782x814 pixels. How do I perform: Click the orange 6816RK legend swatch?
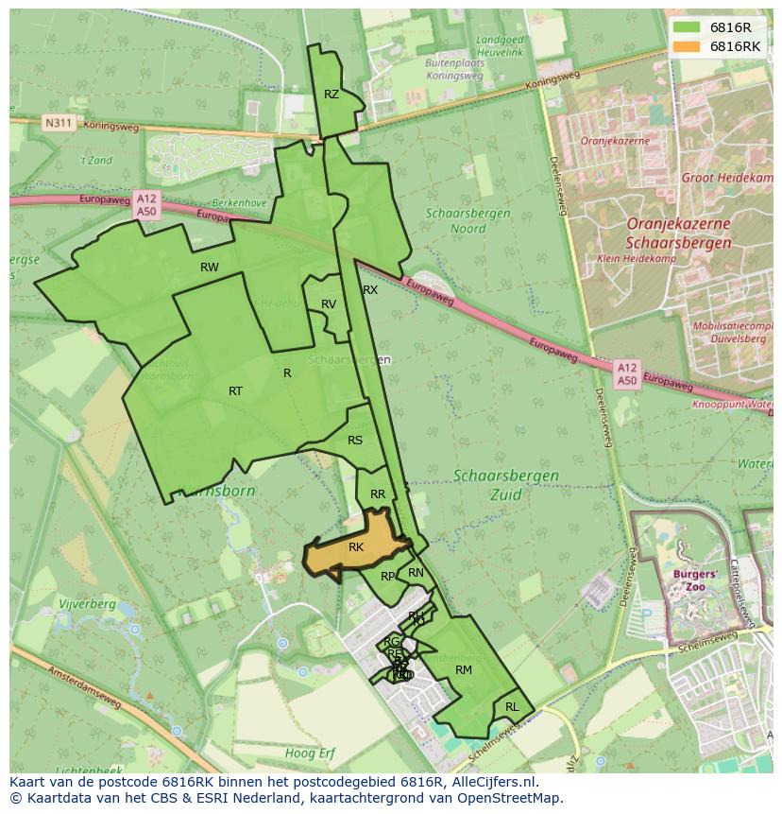click(687, 46)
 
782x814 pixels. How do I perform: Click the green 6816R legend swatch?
click(687, 27)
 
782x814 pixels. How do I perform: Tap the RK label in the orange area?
click(356, 547)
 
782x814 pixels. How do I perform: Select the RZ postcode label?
click(331, 95)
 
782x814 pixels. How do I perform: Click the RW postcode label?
click(210, 268)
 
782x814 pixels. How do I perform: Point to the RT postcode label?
click(235, 391)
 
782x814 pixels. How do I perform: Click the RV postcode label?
click(329, 304)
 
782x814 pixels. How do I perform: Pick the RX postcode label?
click(370, 290)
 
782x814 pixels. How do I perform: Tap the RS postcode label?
click(355, 441)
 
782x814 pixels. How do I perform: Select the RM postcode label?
click(463, 670)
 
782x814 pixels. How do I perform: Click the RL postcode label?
click(512, 707)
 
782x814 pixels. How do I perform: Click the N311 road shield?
click(57, 123)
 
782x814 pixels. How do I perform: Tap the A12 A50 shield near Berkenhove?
click(146, 205)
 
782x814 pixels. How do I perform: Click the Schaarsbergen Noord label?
click(467, 220)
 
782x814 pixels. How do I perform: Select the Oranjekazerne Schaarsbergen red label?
click(678, 234)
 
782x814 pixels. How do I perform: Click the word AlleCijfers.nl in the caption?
click(490, 782)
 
